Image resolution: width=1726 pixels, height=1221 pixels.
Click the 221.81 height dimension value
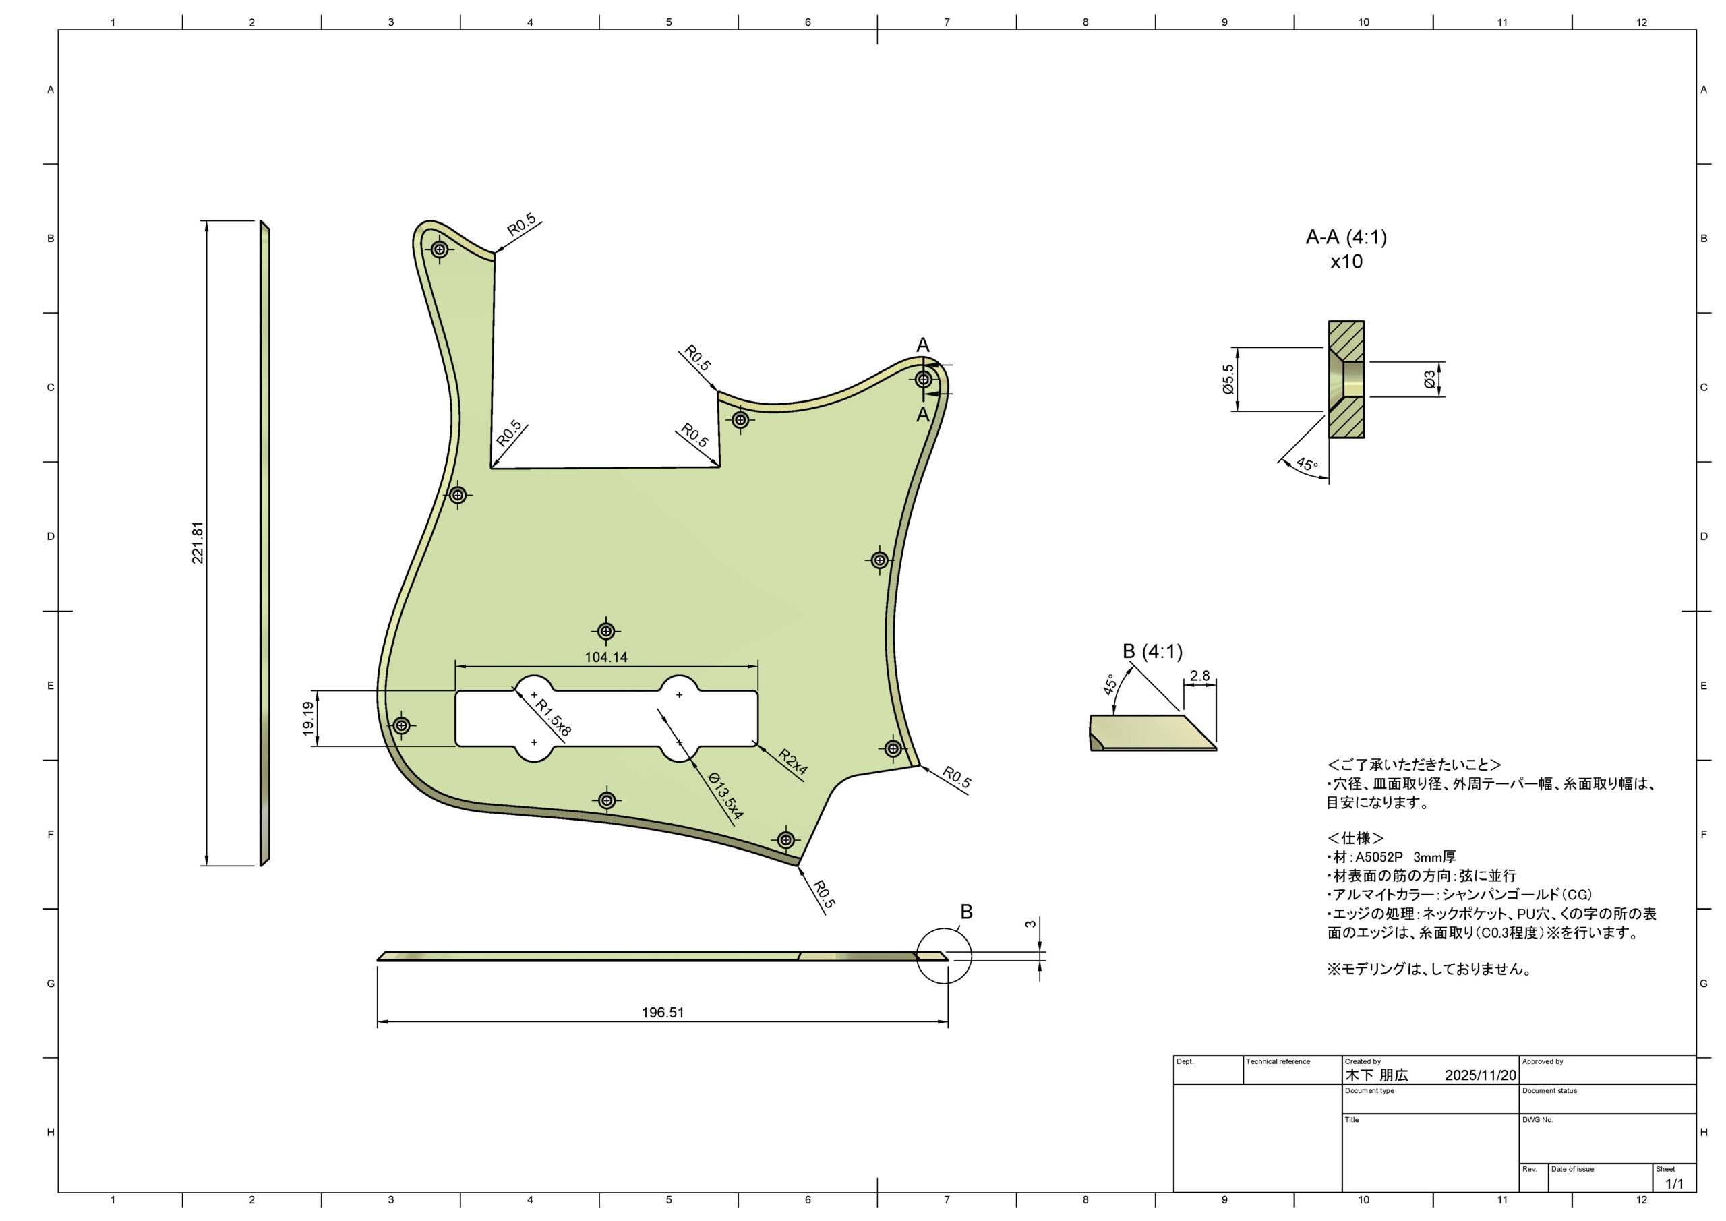pos(198,543)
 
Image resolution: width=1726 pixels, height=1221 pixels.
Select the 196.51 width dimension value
pos(662,1013)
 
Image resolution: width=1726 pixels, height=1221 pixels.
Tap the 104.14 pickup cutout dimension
pos(606,657)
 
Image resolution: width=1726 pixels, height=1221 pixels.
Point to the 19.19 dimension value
pos(308,719)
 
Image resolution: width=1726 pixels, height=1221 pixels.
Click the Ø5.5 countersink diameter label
pos(1228,380)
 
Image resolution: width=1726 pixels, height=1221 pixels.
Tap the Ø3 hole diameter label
pos(1429,380)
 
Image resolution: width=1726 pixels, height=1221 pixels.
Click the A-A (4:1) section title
pos(1346,237)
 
